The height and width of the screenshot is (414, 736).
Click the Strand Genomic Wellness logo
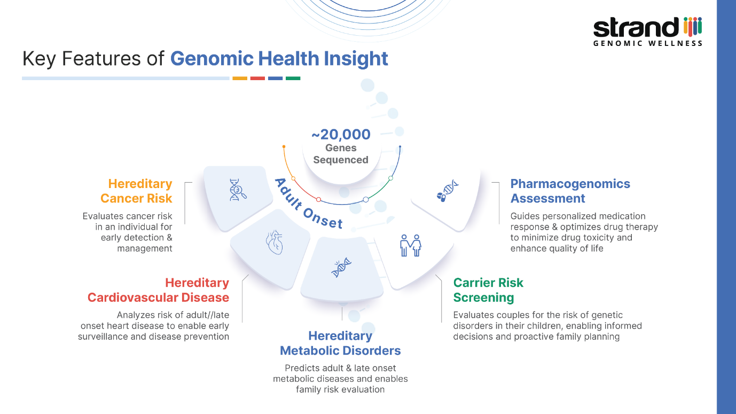click(x=647, y=32)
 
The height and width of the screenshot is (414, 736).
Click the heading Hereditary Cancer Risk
click(x=136, y=191)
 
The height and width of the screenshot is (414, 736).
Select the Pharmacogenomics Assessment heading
click(x=570, y=191)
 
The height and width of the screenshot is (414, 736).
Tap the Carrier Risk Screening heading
click(x=488, y=290)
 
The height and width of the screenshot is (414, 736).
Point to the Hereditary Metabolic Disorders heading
click(x=340, y=343)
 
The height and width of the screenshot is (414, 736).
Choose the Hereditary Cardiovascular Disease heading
click(x=158, y=290)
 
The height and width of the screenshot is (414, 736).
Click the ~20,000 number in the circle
click(x=341, y=134)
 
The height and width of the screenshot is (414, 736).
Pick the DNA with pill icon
click(x=448, y=190)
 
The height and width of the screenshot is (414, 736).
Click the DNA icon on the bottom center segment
click(x=341, y=268)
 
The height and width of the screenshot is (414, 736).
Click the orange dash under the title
click(x=240, y=79)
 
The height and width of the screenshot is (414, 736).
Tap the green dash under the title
click(x=293, y=79)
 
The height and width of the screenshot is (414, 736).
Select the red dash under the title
click(x=257, y=79)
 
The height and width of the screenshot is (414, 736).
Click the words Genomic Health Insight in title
click(x=279, y=58)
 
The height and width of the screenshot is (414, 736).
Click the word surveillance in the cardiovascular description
click(x=105, y=337)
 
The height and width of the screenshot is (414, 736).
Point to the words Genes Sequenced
click(x=341, y=154)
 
